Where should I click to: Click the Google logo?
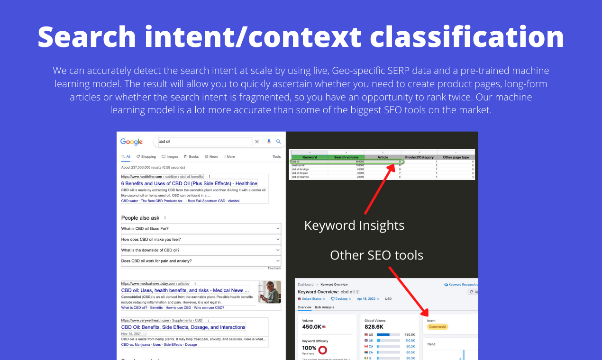(131, 142)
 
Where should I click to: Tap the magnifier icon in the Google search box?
(279, 142)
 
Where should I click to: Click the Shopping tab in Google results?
(146, 156)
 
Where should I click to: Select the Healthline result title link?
(189, 183)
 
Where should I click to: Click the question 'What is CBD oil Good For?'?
(145, 228)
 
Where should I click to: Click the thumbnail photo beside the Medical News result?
(269, 292)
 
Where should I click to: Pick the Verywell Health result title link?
(183, 327)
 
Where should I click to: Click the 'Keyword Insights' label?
(354, 225)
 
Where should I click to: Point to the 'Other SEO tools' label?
(376, 255)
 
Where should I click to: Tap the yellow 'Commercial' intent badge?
(437, 326)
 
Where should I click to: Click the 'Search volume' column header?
(346, 157)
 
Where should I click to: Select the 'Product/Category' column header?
(420, 157)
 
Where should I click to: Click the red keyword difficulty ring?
(323, 350)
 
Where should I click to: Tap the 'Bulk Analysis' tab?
(324, 307)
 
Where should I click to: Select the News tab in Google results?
(211, 156)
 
